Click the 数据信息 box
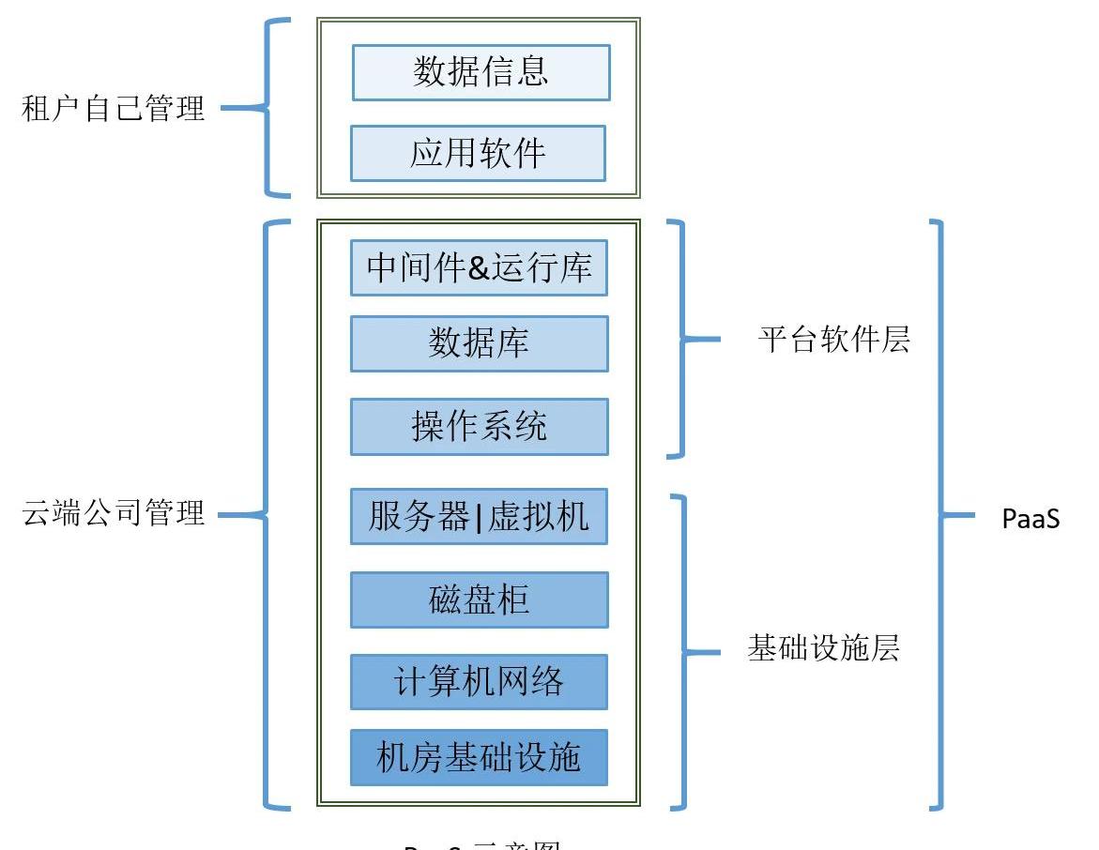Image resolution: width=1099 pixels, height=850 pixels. pos(481,72)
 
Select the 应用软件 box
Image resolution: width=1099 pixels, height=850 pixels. pos(478,153)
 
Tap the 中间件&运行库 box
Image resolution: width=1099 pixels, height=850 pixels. pos(479,267)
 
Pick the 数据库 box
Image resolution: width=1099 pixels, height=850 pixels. pos(479,343)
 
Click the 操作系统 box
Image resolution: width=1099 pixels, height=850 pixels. pos(479,427)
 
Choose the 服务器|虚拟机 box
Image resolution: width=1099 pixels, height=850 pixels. pos(479,516)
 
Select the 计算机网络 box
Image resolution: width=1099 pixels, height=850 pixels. pos(479,681)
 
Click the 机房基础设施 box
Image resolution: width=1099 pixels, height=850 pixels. pos(479,757)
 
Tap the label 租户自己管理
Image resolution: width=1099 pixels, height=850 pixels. pos(113,109)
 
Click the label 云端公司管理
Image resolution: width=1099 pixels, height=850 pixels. pos(113,514)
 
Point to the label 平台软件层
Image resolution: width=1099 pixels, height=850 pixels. pos(833,340)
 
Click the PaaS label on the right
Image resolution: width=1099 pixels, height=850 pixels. pos(1030,519)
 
